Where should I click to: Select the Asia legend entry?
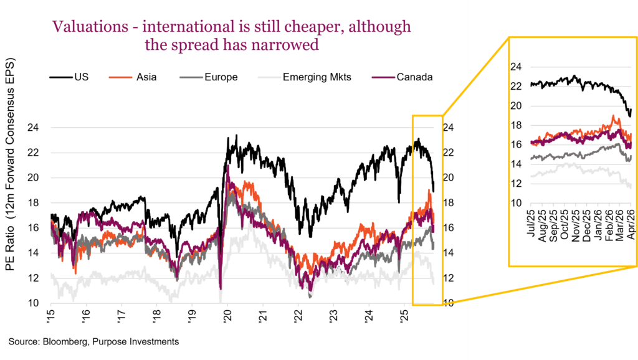[146, 77]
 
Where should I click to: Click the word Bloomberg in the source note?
[62, 341]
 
